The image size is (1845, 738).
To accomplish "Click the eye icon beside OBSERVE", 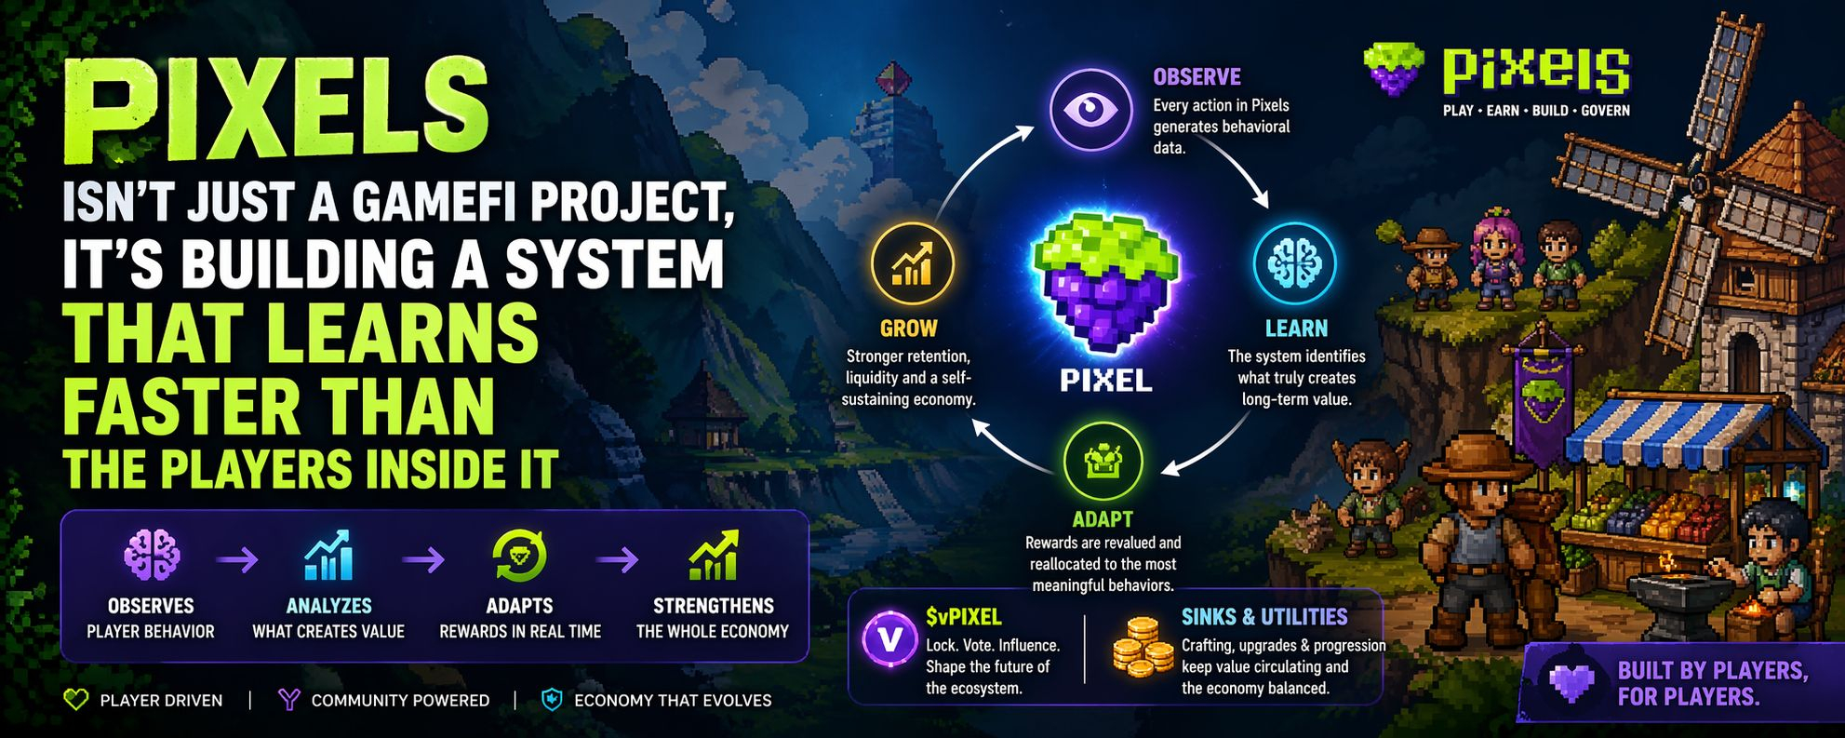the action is (x=1090, y=110).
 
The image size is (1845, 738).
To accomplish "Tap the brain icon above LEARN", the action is (x=1294, y=263).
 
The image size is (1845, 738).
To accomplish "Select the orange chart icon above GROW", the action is (x=912, y=263).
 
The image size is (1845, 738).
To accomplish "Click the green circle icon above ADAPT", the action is (x=1103, y=462).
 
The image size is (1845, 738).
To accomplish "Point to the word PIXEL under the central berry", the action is (x=1105, y=380).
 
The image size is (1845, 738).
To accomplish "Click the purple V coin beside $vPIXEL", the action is (x=889, y=639).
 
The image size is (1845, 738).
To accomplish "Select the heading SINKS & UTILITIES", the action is (x=1263, y=617).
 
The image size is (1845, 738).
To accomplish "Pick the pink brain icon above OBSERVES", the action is (x=152, y=555).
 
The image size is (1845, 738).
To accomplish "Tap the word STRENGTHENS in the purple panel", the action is (x=713, y=606).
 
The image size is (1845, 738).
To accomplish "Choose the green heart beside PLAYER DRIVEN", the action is (x=75, y=700).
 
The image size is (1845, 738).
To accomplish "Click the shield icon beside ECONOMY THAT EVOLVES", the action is (x=552, y=700).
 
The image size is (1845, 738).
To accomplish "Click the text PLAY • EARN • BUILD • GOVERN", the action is (x=1536, y=111).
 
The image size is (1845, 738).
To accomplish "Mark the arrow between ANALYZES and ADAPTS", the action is (x=423, y=559).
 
